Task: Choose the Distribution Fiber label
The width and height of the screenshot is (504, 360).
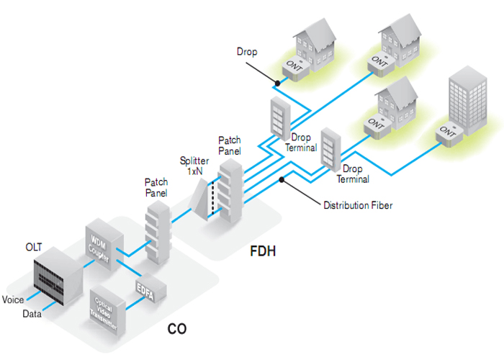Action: coord(358,206)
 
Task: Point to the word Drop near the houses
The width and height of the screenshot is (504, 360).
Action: coord(246,52)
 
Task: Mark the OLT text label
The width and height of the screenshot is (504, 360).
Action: coord(34,248)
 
